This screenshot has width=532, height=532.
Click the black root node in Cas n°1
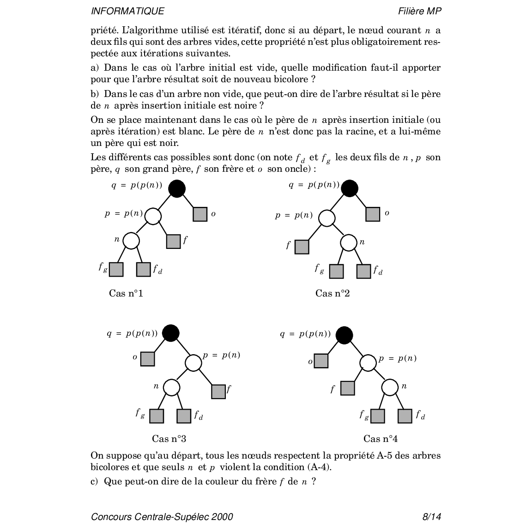(177, 188)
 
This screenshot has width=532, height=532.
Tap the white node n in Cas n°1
(131, 241)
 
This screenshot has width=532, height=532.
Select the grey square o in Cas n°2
(373, 214)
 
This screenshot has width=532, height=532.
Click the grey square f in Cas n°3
(218, 391)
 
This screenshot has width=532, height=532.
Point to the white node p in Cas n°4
(368, 363)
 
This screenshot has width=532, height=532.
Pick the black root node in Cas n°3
(171, 333)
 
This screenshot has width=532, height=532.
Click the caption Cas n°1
(126, 293)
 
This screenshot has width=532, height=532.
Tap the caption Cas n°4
(381, 439)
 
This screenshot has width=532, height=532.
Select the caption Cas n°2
(332, 293)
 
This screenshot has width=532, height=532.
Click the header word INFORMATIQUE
(127, 11)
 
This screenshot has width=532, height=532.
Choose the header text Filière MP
(419, 11)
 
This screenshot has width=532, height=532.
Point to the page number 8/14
(432, 517)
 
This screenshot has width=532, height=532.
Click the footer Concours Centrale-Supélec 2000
(162, 517)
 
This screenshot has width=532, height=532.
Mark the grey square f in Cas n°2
(302, 247)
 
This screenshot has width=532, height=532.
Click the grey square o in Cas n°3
(147, 359)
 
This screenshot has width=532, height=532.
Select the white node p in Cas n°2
(327, 218)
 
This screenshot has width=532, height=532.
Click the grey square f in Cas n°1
(173, 241)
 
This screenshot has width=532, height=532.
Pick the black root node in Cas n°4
(344, 335)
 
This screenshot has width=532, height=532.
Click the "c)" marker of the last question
(95, 481)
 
